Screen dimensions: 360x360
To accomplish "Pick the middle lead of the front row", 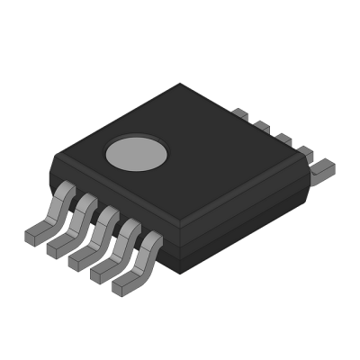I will click(91, 240).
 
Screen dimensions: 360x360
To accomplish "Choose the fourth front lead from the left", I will click(112, 254).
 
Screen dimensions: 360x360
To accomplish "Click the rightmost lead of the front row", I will click(134, 267).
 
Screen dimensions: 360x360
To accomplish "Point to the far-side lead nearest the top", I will click(239, 114).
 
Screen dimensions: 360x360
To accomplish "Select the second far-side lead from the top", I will click(261, 127).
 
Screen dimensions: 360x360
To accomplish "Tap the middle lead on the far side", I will click(282, 139).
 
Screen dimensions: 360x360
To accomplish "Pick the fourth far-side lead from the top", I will click(303, 152).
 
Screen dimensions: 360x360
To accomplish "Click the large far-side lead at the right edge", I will click(322, 166).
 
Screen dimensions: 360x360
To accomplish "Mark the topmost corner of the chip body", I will click(180, 84).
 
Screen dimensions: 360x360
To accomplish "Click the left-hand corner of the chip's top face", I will click(54, 158).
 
